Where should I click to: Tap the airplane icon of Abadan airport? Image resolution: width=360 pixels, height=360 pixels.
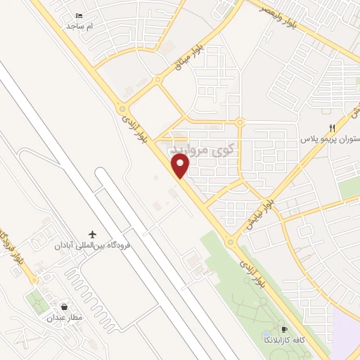tap(93, 234)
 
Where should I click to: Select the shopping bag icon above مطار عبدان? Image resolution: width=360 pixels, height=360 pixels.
tap(65, 307)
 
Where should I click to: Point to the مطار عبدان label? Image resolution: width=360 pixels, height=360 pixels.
tap(67, 318)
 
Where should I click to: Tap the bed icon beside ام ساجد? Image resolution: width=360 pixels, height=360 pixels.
tap(79, 15)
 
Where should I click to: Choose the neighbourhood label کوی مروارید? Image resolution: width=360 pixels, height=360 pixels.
tap(200, 150)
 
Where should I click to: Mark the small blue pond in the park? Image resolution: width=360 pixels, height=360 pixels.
tap(265, 334)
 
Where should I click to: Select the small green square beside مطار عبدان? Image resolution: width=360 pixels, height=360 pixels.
tap(37, 303)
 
